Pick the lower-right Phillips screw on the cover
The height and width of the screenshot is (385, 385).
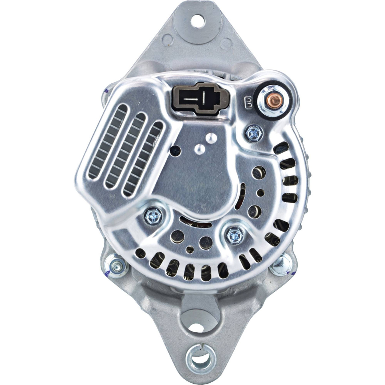pos(234,237)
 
